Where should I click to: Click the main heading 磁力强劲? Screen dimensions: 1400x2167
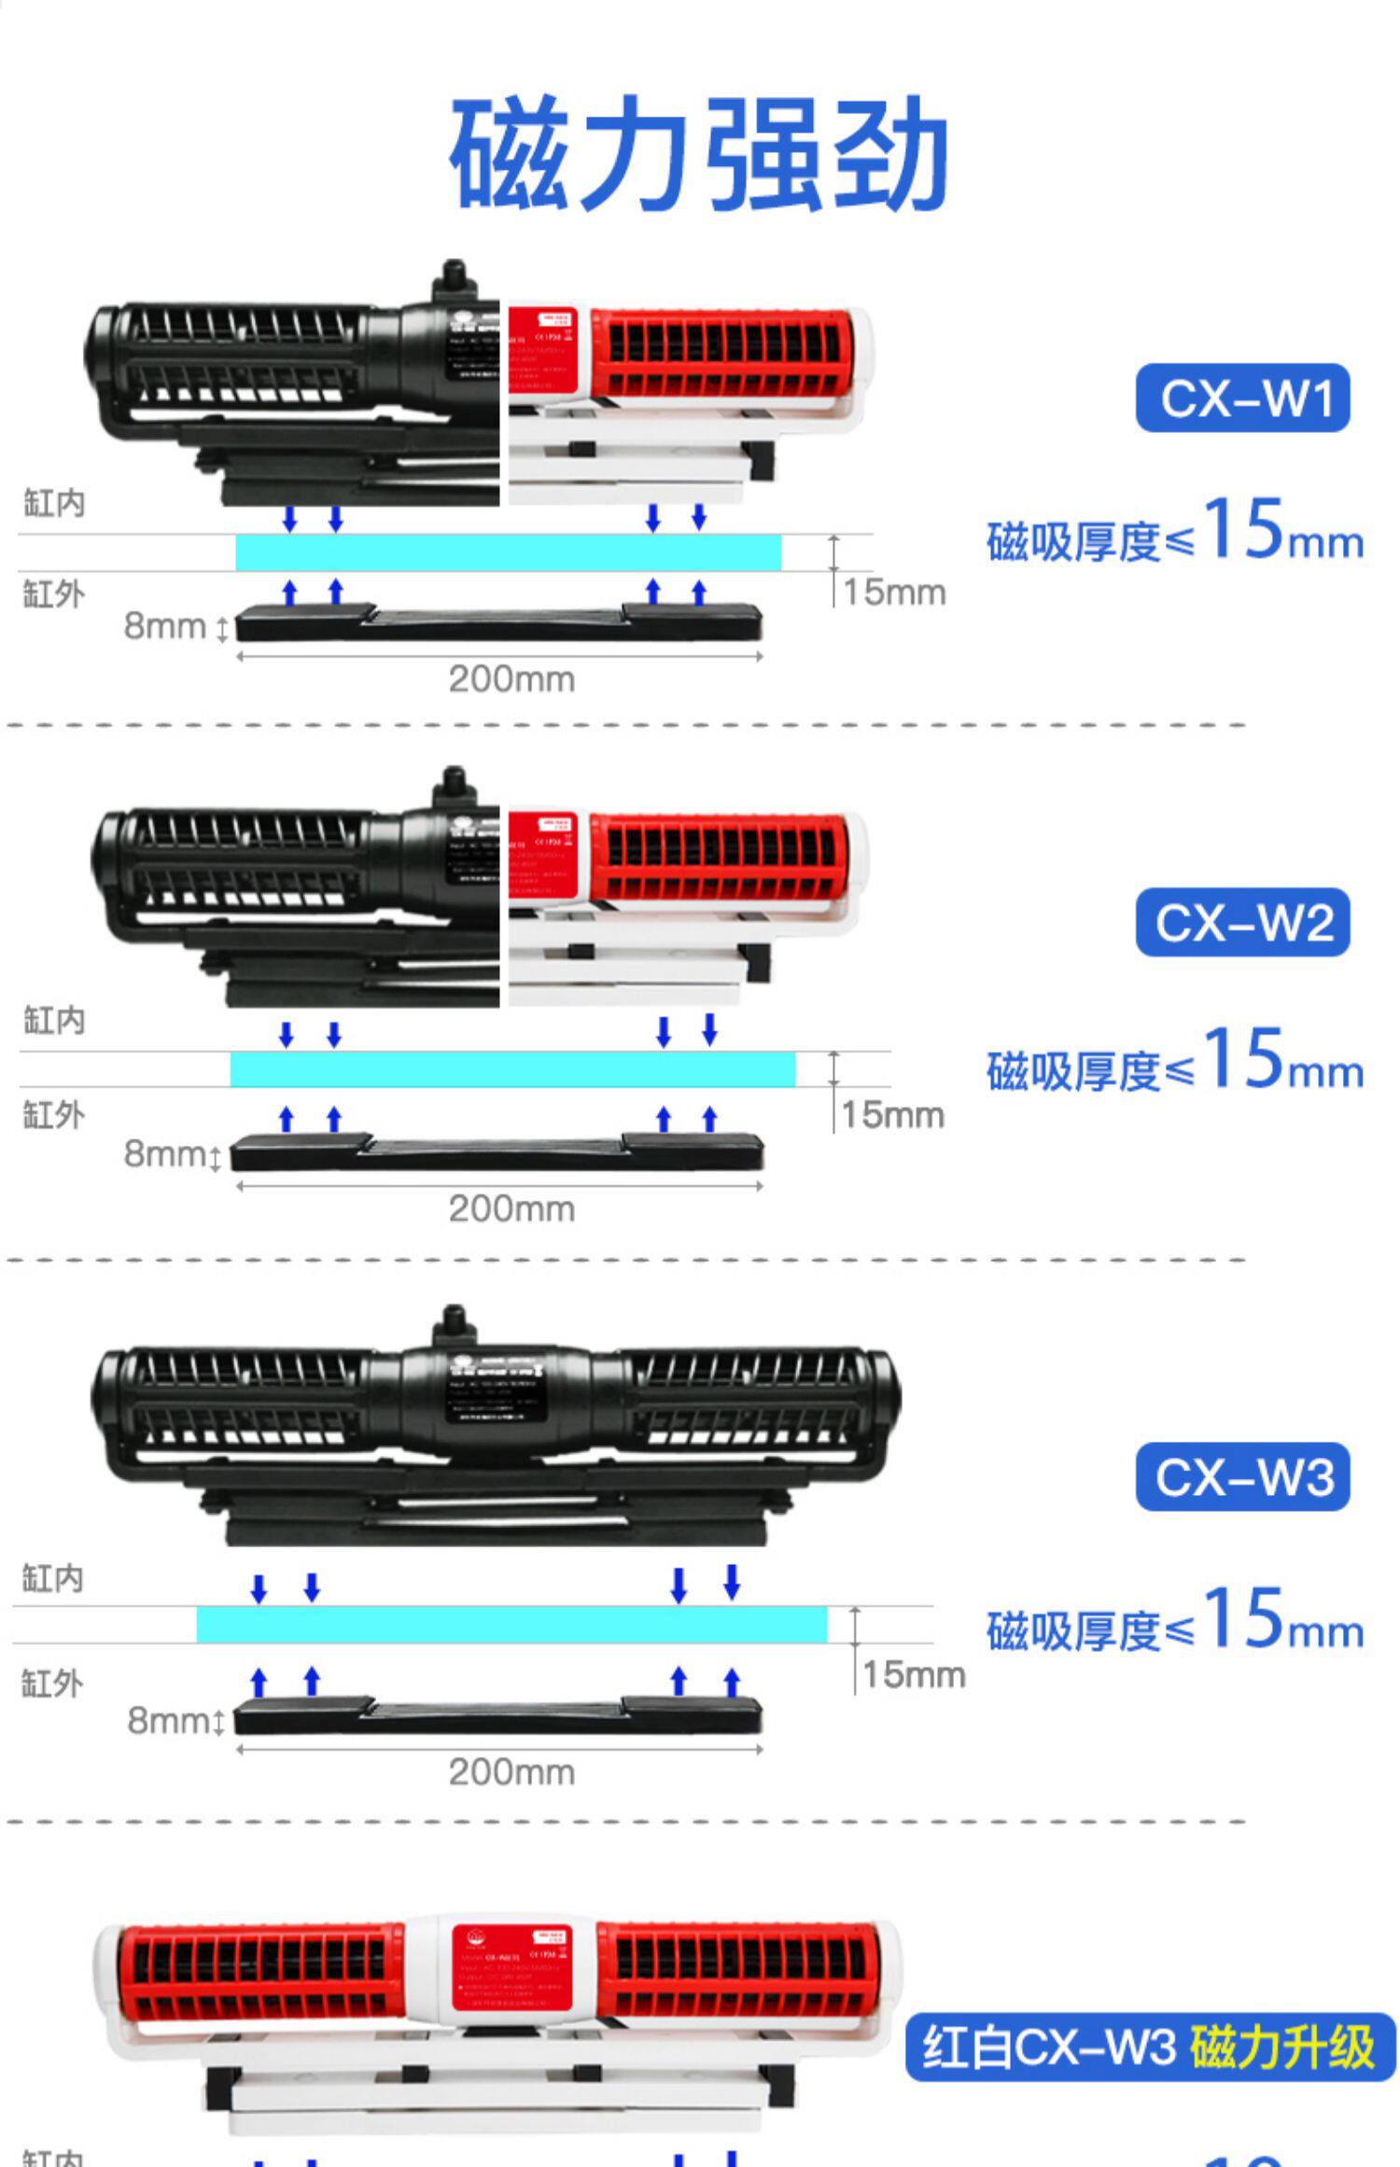pos(698,153)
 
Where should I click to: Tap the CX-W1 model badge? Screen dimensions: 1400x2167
pos(1242,398)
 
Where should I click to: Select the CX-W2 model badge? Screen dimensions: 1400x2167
pos(1242,923)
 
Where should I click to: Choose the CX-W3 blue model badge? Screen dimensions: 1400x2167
pos(1242,1476)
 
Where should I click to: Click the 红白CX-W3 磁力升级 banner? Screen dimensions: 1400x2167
pos(1150,2048)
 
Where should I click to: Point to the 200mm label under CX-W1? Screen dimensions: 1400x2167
pos(511,679)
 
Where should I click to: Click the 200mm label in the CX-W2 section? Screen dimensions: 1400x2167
pos(511,1209)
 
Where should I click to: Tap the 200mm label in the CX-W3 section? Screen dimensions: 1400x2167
pos(511,1771)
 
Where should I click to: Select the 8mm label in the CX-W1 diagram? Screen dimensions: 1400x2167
pos(164,626)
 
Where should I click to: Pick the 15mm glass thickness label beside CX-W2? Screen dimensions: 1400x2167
pos(893,1114)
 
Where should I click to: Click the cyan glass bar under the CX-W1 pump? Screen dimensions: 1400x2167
pos(508,552)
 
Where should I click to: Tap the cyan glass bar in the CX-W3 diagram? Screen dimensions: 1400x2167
pos(511,1625)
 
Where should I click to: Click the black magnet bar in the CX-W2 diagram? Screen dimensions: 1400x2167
pos(497,1155)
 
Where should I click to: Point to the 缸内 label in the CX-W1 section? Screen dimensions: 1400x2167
pos(54,504)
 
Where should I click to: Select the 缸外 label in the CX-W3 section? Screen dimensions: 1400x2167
pos(52,1684)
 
